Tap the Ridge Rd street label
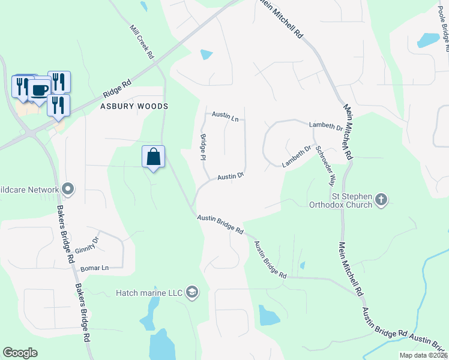point(117,90)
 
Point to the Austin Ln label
point(225,116)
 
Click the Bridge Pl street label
point(203,147)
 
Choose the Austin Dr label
point(230,176)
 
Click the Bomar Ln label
point(95,268)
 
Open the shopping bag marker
point(154,157)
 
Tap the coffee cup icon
point(40,89)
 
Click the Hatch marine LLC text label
point(148,293)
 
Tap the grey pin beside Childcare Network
point(68,190)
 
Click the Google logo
point(20,353)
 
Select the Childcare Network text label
point(29,190)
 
